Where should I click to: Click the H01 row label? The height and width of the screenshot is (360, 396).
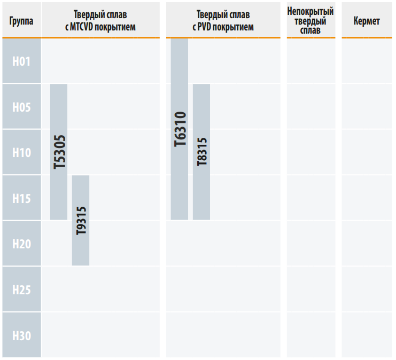tap(21, 61)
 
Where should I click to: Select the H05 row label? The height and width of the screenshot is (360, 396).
tap(21, 107)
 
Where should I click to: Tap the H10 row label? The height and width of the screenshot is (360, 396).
tap(21, 153)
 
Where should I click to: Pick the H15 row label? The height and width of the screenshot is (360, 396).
tap(21, 199)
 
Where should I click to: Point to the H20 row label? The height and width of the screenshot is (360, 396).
tap(21, 244)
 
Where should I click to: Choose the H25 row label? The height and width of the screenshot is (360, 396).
tap(21, 290)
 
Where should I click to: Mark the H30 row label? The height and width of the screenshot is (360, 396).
tap(21, 335)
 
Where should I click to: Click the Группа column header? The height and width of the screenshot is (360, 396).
tap(21, 21)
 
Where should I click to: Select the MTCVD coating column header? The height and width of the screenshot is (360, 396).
tap(100, 21)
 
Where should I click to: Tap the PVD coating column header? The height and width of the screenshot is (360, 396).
tap(223, 21)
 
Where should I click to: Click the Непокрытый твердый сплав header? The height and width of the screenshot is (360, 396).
tap(310, 21)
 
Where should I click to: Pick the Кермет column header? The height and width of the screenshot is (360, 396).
tap(367, 21)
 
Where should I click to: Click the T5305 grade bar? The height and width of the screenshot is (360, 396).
tap(59, 152)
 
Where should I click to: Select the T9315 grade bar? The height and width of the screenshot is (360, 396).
tap(81, 221)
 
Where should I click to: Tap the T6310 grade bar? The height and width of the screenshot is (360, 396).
tap(180, 129)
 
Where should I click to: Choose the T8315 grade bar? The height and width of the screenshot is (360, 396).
tap(201, 152)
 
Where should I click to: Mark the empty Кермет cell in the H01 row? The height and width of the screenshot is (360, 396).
tap(367, 61)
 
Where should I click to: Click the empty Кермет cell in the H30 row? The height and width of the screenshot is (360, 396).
tap(367, 335)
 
